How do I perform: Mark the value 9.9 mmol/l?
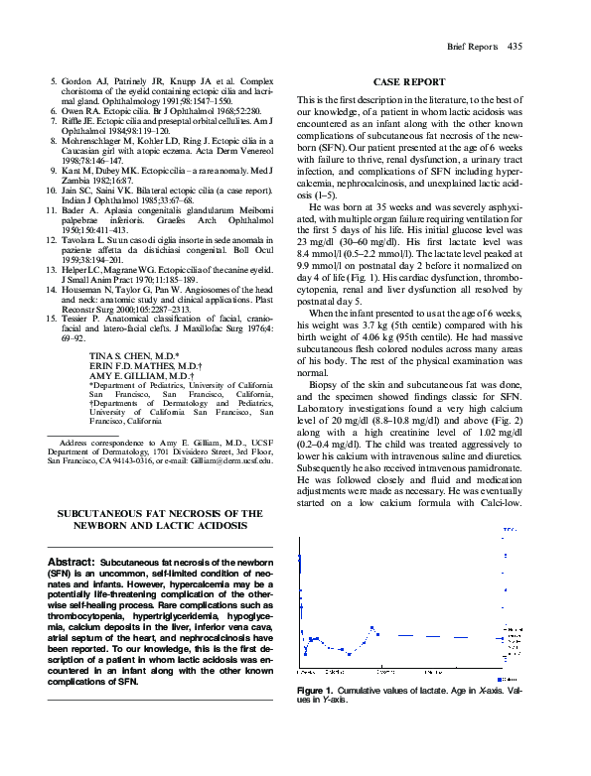319,268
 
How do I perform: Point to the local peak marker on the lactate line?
371,627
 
